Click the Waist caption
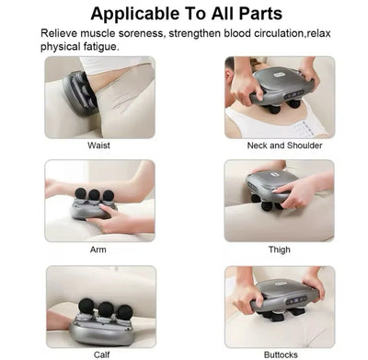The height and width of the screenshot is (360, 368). [99, 145]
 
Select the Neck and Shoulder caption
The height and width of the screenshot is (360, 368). [281, 145]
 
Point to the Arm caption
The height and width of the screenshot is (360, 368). [98, 250]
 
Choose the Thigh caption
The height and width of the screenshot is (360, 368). [281, 250]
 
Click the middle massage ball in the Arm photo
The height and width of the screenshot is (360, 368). [93, 195]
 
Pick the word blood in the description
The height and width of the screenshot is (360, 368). [218, 34]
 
